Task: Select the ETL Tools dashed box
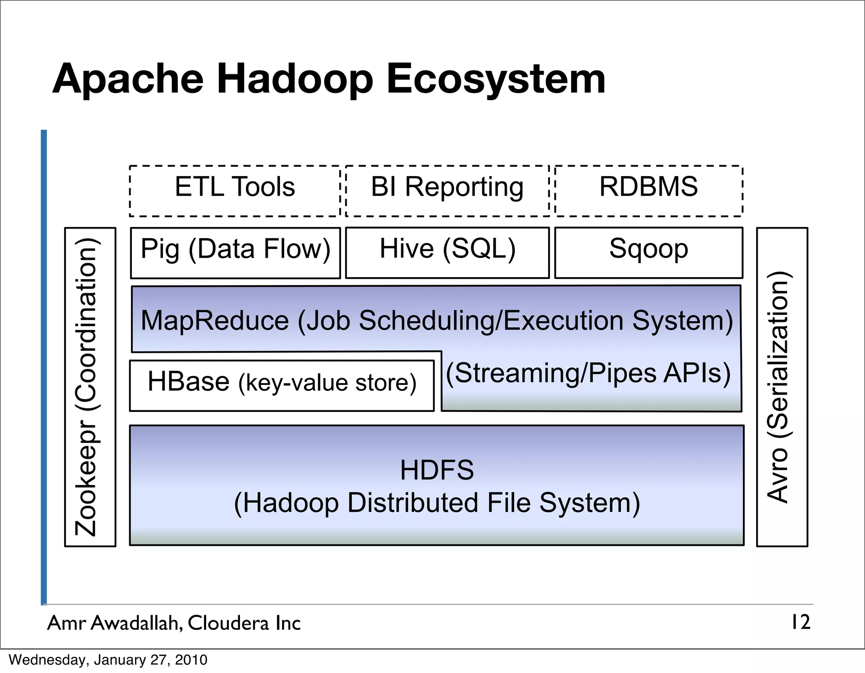tap(235, 191)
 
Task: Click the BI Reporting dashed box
tap(447, 191)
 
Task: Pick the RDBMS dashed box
tap(648, 191)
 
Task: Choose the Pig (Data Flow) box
tap(235, 253)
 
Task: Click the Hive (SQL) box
tap(447, 253)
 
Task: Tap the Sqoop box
tap(648, 253)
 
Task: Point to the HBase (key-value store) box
tap(282, 385)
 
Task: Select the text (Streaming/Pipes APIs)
tap(588, 373)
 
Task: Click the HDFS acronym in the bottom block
tap(437, 470)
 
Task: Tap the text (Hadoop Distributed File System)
tap(437, 503)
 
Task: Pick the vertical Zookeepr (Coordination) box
tap(90, 387)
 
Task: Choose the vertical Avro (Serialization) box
tap(782, 387)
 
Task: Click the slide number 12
tap(800, 622)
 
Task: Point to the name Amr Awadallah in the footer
tap(114, 623)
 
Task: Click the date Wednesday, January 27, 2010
tap(108, 660)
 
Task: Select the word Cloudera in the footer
tap(228, 623)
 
